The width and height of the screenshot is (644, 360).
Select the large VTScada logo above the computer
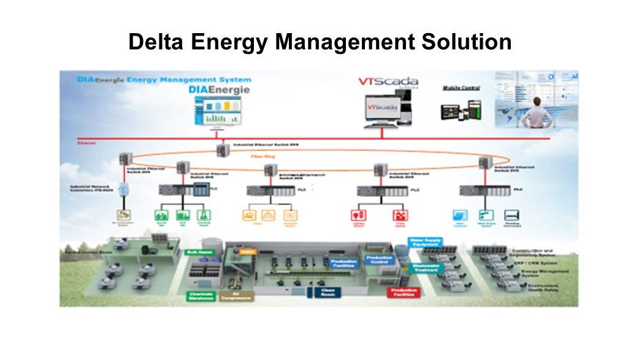click(x=389, y=82)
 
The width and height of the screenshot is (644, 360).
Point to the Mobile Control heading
click(x=461, y=88)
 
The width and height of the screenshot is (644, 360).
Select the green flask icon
click(x=204, y=215)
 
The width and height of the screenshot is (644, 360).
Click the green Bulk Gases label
click(x=198, y=252)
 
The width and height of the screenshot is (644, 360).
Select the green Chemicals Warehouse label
click(x=201, y=296)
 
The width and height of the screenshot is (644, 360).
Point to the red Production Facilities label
click(x=402, y=293)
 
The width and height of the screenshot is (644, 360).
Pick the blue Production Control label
click(x=380, y=260)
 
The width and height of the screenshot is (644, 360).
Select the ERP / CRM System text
click(x=529, y=262)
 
